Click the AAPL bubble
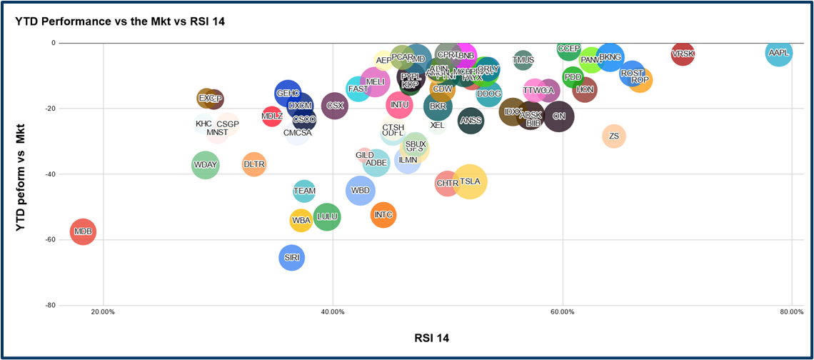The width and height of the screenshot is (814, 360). click(x=778, y=53)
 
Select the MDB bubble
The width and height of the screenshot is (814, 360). click(x=83, y=231)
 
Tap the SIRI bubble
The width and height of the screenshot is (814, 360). click(x=291, y=258)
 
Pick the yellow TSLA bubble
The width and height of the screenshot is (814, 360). click(x=470, y=181)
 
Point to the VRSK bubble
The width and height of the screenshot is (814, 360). click(x=683, y=54)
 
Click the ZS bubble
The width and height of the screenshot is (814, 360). click(x=614, y=136)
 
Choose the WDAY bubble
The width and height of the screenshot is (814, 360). click(x=205, y=165)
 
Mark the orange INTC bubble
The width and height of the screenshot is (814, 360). click(x=383, y=214)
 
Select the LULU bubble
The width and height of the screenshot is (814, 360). click(x=327, y=216)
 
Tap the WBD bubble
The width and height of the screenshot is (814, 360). click(x=361, y=191)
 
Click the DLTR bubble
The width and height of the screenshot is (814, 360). click(x=254, y=164)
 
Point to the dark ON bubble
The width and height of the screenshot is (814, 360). click(x=559, y=116)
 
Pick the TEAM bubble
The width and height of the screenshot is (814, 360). click(x=304, y=191)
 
